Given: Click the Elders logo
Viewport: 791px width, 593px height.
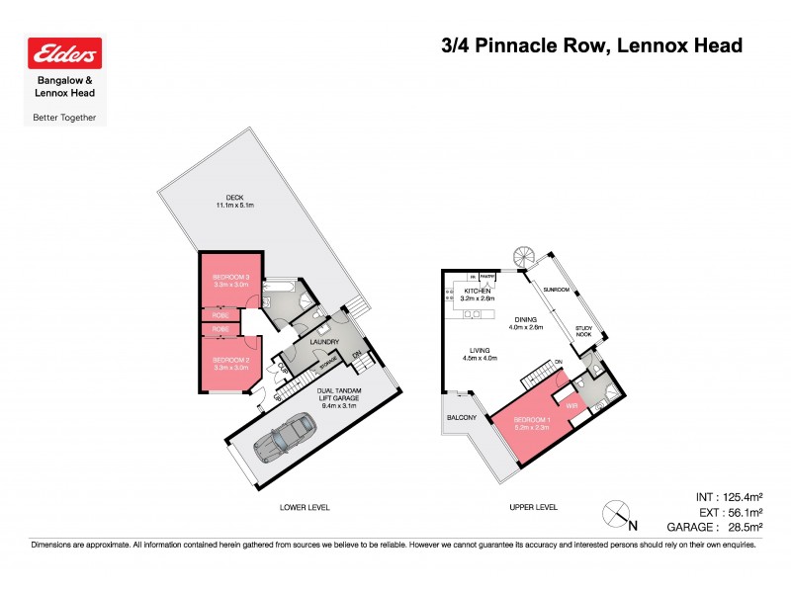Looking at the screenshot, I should point(65,54).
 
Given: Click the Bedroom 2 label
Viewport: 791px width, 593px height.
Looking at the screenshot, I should point(229,360).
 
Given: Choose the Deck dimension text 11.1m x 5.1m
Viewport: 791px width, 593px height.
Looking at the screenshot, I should point(236,205).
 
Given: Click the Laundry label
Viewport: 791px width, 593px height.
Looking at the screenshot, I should point(324,343).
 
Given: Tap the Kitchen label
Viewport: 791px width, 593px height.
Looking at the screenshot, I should point(479,291).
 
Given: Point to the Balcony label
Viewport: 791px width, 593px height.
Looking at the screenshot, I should point(461,418).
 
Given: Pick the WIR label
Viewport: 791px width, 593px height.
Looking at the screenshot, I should point(571,405).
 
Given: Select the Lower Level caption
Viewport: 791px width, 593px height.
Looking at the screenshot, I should point(305,507).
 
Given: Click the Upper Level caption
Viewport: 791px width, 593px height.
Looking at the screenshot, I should point(533,507).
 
